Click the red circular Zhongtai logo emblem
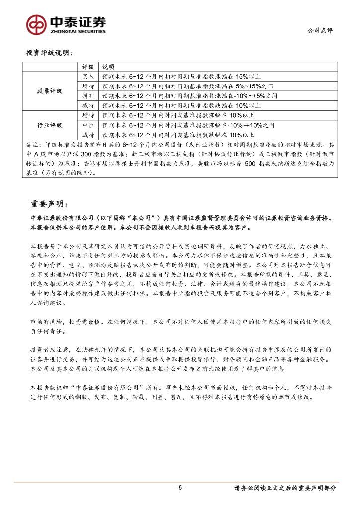pos(36,23)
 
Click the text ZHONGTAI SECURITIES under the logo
pos(78,31)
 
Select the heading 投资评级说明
pos(49,52)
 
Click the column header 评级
pos(88,67)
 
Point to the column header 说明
pos(108,67)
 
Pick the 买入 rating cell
pos(88,77)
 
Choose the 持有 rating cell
pos(88,95)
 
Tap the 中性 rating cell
pos(88,125)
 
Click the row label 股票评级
pos(50,91)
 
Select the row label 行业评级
pos(50,125)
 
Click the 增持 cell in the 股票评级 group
pos(88,86)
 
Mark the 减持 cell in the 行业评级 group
pos(88,134)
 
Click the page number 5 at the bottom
pos(180,488)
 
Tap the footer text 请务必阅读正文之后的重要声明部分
pos(285,488)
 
